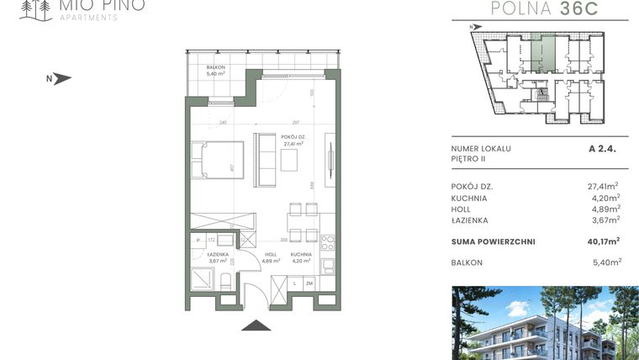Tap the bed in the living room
pyautogui.click(x=217, y=160)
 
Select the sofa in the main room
pyautogui.click(x=267, y=159)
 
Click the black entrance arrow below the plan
pyautogui.click(x=255, y=325)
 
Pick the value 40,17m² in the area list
pyautogui.click(x=603, y=241)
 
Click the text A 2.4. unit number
pyautogui.click(x=603, y=148)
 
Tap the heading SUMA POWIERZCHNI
pyautogui.click(x=493, y=241)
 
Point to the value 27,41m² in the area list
pyautogui.click(x=603, y=186)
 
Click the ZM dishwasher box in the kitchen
pyautogui.click(x=309, y=284)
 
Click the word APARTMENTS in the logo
pyautogui.click(x=87, y=17)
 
